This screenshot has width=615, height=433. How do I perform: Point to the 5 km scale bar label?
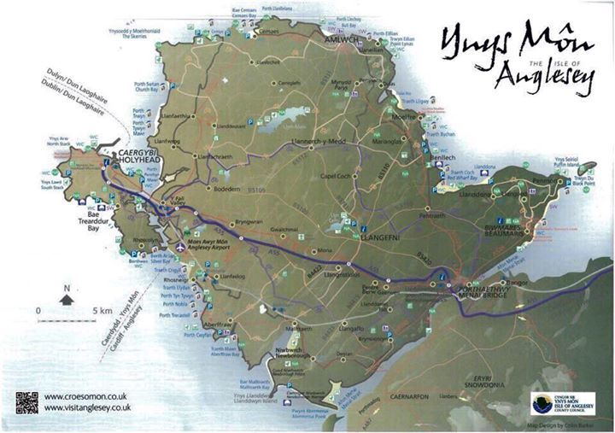click(x=102, y=309)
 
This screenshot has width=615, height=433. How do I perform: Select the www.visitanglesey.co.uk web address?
click(x=87, y=409)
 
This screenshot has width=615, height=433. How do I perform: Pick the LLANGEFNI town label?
click(x=386, y=229)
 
